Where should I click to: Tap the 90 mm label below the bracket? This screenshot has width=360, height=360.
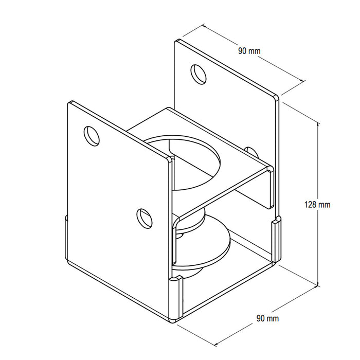pyautogui.click(x=267, y=319)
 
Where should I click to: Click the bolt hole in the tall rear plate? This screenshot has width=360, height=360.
pyautogui.click(x=199, y=74)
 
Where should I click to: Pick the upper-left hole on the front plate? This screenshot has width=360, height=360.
pyautogui.click(x=92, y=135)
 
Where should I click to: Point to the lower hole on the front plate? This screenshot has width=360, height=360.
pyautogui.click(x=145, y=217)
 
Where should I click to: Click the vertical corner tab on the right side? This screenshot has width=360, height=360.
pyautogui.click(x=276, y=239)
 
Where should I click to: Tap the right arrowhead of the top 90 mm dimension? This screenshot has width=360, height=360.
pyautogui.click(x=301, y=80)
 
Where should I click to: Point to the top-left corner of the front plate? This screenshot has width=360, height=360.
pyautogui.click(x=69, y=102)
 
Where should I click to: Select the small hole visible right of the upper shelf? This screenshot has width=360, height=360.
pyautogui.click(x=250, y=151)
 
